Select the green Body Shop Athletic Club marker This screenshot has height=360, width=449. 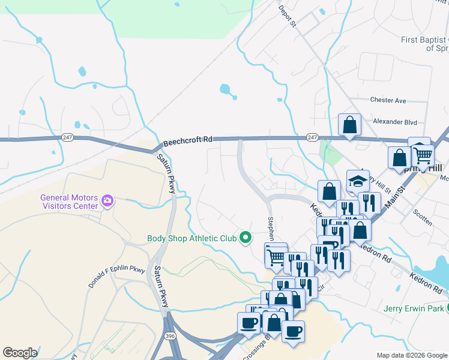tap(245, 238)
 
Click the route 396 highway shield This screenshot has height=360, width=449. tap(170, 336)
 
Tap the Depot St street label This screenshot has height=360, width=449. tap(287, 16)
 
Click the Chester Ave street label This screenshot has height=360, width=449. tap(388, 100)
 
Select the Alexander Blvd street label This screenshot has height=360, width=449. tap(394, 122)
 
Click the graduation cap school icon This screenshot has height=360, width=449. tap(358, 181)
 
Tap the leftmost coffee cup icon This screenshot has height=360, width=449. tap(249, 322)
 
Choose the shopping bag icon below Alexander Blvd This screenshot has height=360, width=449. tap(349, 125)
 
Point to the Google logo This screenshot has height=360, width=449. tap(20, 353)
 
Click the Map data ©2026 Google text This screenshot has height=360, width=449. tap(411, 355)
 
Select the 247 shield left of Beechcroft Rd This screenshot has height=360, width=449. tap(67, 137)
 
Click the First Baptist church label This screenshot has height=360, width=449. tap(425, 44)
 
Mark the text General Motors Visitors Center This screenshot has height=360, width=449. tap(68, 202)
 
